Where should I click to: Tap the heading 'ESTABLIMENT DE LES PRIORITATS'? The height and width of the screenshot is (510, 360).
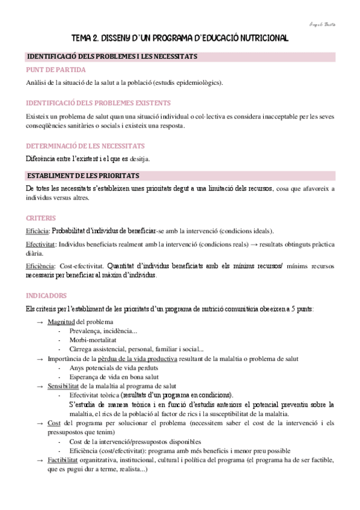83,176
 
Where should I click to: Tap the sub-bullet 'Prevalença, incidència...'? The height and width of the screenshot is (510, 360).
103,331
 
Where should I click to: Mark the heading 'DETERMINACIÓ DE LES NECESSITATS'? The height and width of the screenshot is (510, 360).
85,146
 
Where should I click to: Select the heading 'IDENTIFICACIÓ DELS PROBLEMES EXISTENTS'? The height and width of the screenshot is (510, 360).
99,103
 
